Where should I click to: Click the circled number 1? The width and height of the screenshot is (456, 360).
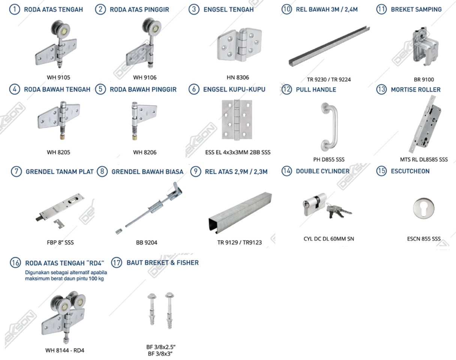(x=15, y=9)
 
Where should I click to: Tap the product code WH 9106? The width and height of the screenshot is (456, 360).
(x=145, y=78)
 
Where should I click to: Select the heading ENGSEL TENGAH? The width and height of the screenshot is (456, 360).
(x=228, y=9)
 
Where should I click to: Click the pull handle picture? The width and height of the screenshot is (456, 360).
(x=329, y=127)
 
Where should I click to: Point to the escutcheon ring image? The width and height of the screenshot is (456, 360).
(x=424, y=208)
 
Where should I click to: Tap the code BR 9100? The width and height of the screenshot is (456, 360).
(x=424, y=79)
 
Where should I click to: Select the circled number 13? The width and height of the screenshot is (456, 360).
(x=381, y=89)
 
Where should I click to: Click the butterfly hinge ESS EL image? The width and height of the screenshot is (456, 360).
(x=237, y=120)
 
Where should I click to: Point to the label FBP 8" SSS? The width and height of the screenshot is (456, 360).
(x=60, y=242)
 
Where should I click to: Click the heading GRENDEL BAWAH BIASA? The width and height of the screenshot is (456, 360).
(x=147, y=172)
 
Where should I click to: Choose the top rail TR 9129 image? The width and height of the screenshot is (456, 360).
(x=240, y=213)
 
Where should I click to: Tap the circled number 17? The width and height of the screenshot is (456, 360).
(x=117, y=263)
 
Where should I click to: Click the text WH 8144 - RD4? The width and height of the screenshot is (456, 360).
(x=64, y=351)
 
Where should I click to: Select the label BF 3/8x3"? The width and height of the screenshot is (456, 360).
(x=160, y=354)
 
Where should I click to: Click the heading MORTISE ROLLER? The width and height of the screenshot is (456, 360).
(x=415, y=90)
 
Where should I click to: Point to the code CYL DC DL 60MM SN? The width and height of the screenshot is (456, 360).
(x=328, y=239)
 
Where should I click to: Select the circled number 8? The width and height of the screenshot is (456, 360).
(x=102, y=171)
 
